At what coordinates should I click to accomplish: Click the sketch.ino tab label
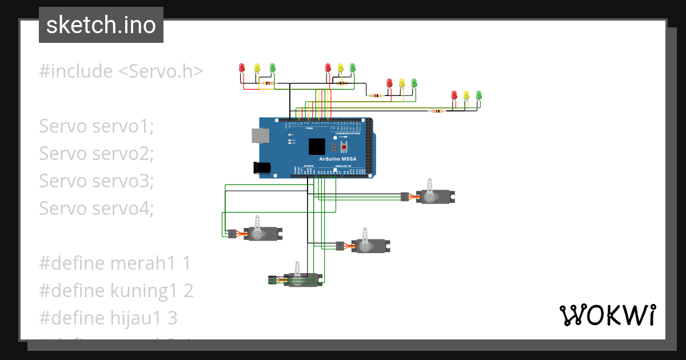pos(101,25)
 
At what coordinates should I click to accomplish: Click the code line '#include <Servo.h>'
pos(121,71)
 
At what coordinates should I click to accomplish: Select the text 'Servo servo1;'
pos(97,126)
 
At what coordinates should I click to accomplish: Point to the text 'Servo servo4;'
pos(97,209)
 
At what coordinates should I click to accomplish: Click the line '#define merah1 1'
pos(114,263)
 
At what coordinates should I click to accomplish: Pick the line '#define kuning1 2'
pos(116,291)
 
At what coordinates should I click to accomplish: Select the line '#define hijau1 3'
pos(108,318)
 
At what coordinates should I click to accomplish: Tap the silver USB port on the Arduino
pos(261,135)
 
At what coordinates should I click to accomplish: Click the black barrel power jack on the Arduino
pos(262,167)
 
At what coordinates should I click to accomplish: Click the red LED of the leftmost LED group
pos(241,68)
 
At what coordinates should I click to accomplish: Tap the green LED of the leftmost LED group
pos(272,68)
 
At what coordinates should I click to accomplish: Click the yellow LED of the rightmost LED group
pos(466,95)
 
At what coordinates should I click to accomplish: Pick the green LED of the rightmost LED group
pos(479,95)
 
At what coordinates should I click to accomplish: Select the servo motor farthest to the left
pos(260,233)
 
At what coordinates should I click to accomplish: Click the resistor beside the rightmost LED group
pos(437,111)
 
